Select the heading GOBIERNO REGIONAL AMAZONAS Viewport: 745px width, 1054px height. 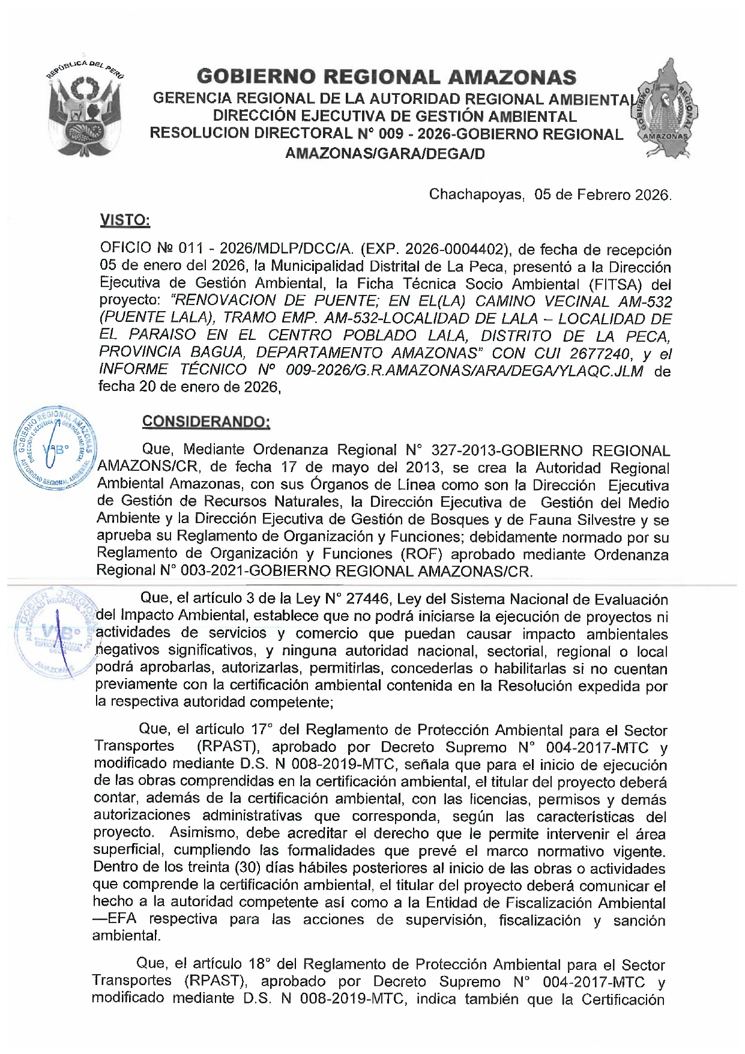pos(386,77)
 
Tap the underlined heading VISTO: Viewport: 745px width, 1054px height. pos(125,220)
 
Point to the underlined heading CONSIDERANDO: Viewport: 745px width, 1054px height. pos(206,422)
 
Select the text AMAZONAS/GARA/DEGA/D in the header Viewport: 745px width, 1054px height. pos(385,154)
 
